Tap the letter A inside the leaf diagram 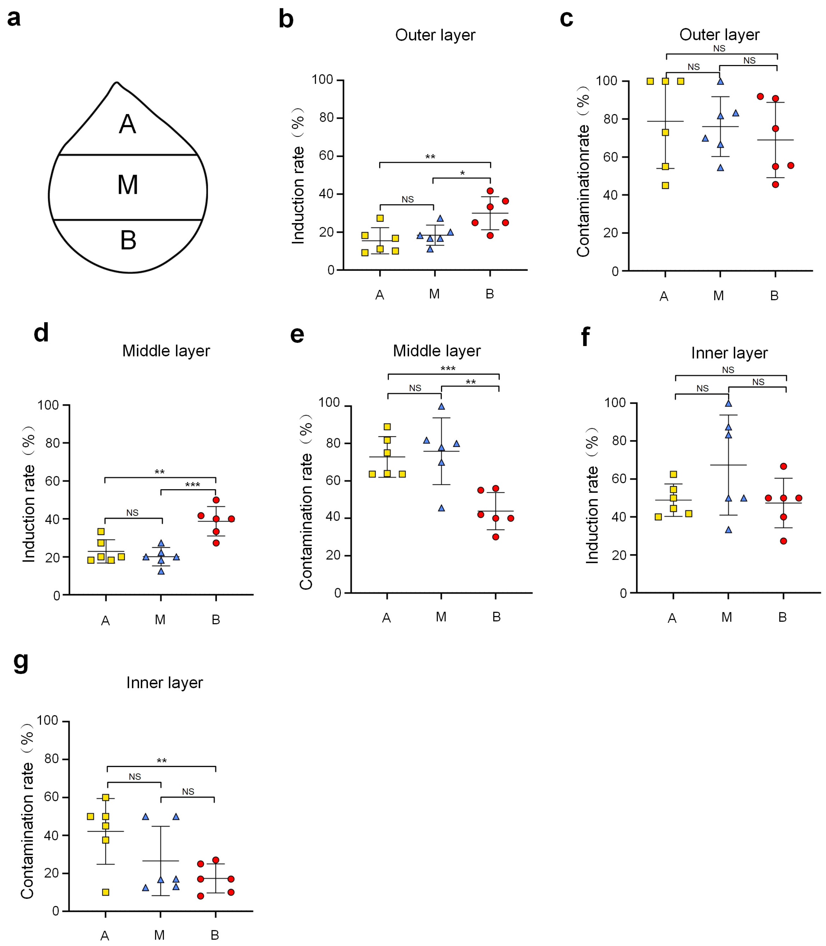pos(128,125)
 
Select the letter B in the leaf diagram pos(128,241)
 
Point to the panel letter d pos(42,333)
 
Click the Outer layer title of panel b pos(435,35)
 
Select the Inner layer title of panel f pos(729,353)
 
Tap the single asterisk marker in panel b pos(462,173)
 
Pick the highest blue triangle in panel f pos(728,403)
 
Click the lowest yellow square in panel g pos(106,893)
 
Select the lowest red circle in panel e pos(495,537)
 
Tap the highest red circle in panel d pos(216,500)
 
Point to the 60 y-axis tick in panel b pos(326,156)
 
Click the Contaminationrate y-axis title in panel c pos(584,170)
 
